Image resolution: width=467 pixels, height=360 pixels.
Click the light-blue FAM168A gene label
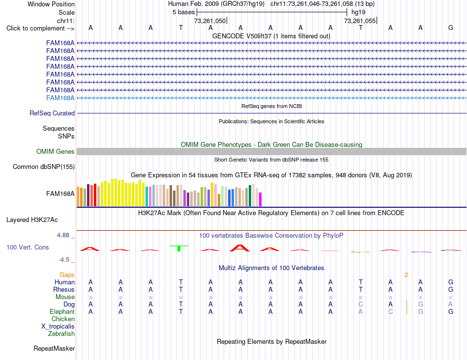(x=60, y=98)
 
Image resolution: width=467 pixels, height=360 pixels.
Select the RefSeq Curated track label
(x=52, y=113)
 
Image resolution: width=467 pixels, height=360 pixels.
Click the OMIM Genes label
(x=55, y=151)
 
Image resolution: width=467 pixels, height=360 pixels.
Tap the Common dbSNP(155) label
(x=43, y=166)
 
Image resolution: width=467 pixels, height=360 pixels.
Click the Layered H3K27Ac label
(x=32, y=220)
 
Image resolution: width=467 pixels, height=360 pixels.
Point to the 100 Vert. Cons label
(x=28, y=247)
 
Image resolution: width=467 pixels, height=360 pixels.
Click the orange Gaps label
(x=67, y=275)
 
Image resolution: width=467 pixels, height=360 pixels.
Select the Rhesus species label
(x=64, y=289)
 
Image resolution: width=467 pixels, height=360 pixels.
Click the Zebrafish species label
(x=61, y=333)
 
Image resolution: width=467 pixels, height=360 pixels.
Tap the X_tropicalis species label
(x=58, y=327)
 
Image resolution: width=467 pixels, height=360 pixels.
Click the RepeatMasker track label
(x=54, y=348)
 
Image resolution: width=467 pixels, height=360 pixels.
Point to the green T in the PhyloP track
(x=179, y=248)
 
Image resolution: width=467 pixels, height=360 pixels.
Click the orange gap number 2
(x=406, y=275)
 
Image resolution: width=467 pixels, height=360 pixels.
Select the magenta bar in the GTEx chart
(x=261, y=199)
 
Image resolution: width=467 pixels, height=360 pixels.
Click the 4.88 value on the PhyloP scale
(x=63, y=235)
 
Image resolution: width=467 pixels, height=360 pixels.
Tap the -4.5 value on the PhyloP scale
(x=64, y=260)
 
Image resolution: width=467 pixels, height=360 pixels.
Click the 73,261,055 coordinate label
(x=359, y=21)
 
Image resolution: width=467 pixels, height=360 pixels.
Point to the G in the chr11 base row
(x=451, y=28)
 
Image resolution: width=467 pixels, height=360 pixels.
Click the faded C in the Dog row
(x=360, y=304)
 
